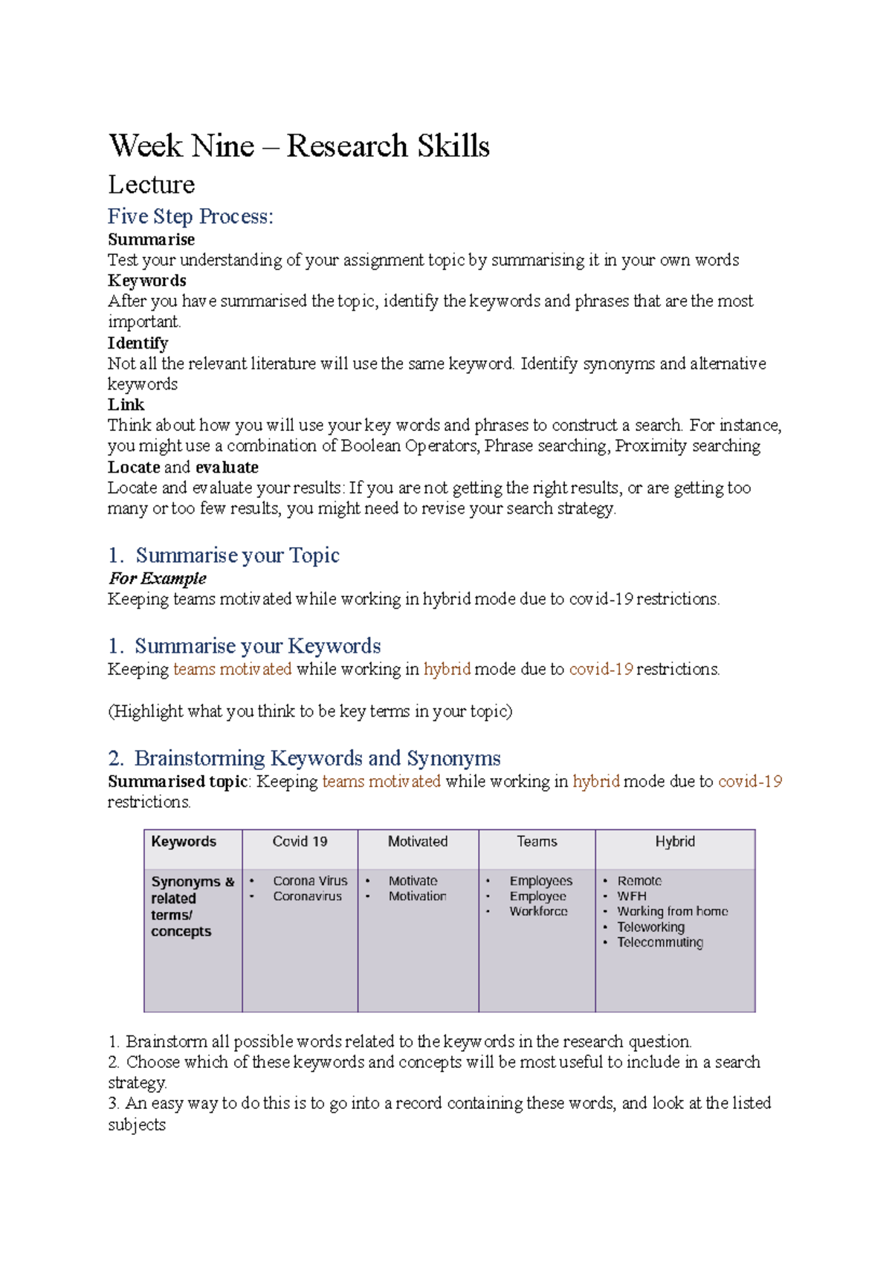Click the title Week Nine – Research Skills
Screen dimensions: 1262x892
point(299,146)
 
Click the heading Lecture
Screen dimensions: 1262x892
point(152,184)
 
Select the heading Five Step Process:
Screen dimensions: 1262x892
point(190,216)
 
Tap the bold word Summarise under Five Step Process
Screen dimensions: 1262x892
point(151,239)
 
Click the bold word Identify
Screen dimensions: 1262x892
point(138,343)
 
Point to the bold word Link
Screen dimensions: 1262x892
point(126,404)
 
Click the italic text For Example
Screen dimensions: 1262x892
point(157,578)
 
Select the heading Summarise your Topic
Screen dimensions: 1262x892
point(237,555)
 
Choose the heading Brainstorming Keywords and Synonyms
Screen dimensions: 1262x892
point(317,758)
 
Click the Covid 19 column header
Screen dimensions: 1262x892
point(300,841)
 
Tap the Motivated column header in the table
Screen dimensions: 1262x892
point(418,841)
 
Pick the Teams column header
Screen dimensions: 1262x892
point(537,841)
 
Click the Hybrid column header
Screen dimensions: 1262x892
point(675,841)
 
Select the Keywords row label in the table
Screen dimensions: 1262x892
point(184,841)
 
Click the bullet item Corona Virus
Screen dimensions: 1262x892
point(310,881)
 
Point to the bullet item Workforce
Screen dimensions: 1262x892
point(538,911)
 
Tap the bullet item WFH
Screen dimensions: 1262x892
point(632,896)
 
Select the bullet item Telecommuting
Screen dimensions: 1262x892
point(660,942)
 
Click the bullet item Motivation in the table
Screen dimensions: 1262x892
point(417,896)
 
